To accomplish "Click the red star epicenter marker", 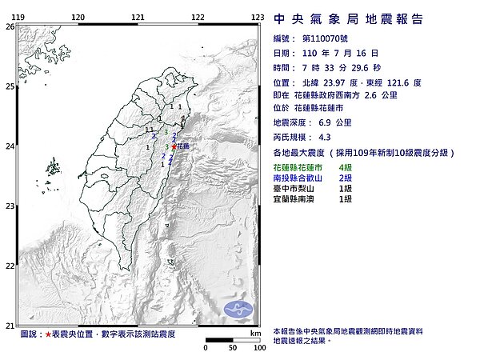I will click(174, 147).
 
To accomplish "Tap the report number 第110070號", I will click(328, 38).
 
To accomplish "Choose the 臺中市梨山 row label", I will click(296, 187).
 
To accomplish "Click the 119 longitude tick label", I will click(18, 17).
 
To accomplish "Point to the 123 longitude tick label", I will click(258, 17).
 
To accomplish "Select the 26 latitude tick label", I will click(9, 26).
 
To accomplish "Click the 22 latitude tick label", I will click(9, 266).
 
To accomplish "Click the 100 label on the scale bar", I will click(258, 349).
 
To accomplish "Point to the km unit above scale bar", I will click(254, 333).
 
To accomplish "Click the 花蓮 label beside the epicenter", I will click(183, 147).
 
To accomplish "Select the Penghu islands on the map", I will click(54, 168).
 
